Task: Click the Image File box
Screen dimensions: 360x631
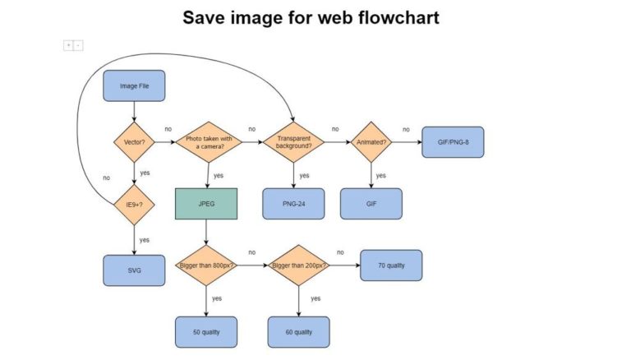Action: (134, 85)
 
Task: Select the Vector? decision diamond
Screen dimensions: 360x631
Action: (134, 142)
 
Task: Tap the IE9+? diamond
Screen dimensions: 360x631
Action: (134, 205)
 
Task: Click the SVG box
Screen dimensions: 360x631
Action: (134, 270)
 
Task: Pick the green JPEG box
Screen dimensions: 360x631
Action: (206, 204)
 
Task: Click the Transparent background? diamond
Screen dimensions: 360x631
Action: (293, 142)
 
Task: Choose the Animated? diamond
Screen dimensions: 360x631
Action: (371, 142)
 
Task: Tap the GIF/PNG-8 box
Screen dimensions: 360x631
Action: (453, 142)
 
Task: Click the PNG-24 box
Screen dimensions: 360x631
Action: (293, 204)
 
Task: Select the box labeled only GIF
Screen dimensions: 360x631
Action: (371, 204)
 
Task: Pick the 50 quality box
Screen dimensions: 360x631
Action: (206, 331)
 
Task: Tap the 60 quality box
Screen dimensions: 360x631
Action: (298, 331)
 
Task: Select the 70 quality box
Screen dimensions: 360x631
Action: (391, 265)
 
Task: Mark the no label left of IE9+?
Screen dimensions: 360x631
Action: (106, 178)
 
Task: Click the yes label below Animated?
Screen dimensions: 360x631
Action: (380, 175)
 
